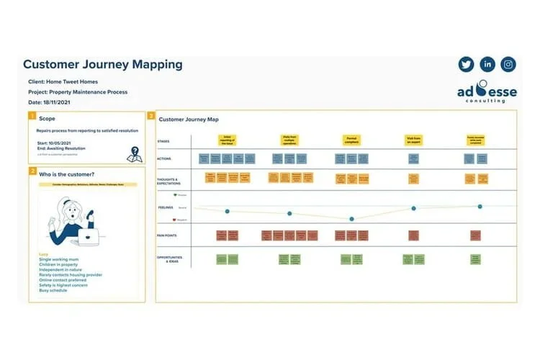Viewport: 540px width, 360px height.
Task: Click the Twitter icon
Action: click(466, 64)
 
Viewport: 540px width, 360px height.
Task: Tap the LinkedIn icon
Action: click(487, 64)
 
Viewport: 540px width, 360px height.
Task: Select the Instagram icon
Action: click(508, 64)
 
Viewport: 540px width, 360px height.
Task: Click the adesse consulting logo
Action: click(487, 95)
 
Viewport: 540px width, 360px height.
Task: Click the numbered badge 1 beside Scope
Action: click(32, 117)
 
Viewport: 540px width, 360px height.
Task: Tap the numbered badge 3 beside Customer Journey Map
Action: click(150, 115)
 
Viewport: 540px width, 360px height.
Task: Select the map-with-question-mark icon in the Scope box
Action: click(134, 153)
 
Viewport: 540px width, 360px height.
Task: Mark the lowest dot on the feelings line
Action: click(351, 219)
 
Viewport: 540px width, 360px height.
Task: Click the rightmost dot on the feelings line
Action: click(480, 207)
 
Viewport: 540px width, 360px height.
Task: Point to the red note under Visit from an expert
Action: click(413, 235)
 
